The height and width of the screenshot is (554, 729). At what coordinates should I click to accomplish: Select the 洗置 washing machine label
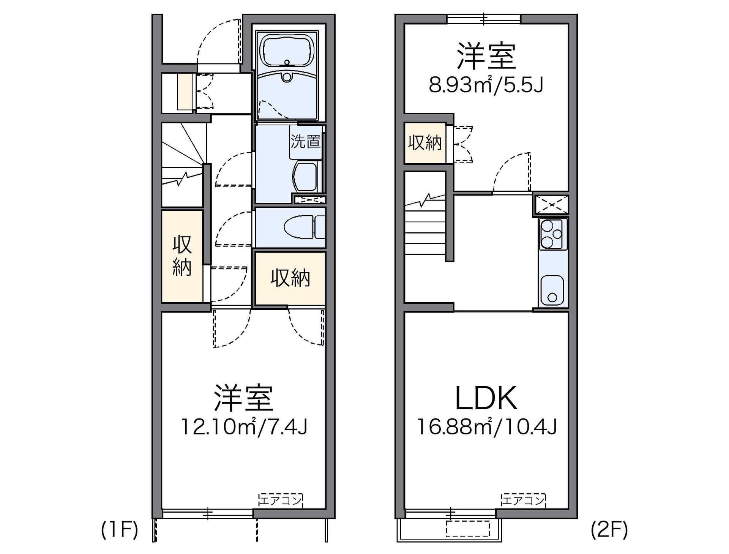pyautogui.click(x=305, y=141)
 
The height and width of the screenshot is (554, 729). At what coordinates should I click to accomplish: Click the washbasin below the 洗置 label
pyautogui.click(x=306, y=177)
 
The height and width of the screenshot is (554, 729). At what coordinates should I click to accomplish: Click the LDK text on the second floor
pyautogui.click(x=486, y=398)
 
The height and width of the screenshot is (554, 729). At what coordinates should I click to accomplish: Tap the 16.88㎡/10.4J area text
pyautogui.click(x=487, y=427)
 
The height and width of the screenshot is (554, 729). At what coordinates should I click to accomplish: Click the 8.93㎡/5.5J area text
pyautogui.click(x=486, y=85)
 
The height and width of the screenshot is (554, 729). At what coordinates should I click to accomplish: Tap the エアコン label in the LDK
pyautogui.click(x=523, y=500)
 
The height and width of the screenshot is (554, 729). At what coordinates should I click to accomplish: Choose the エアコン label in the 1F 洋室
pyautogui.click(x=280, y=500)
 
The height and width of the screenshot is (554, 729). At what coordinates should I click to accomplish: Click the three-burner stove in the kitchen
pyautogui.click(x=552, y=234)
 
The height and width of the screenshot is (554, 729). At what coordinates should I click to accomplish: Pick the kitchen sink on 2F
pyautogui.click(x=552, y=290)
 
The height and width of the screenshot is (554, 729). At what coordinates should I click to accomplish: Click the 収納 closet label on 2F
pyautogui.click(x=425, y=143)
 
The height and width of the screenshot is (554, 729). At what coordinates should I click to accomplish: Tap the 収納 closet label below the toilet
pyautogui.click(x=290, y=278)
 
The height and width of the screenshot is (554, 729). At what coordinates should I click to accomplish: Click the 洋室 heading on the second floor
pyautogui.click(x=486, y=56)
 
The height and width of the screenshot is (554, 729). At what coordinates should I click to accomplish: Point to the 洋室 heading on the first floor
pyautogui.click(x=244, y=398)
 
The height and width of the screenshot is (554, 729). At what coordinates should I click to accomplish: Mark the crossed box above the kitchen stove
pyautogui.click(x=552, y=205)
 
